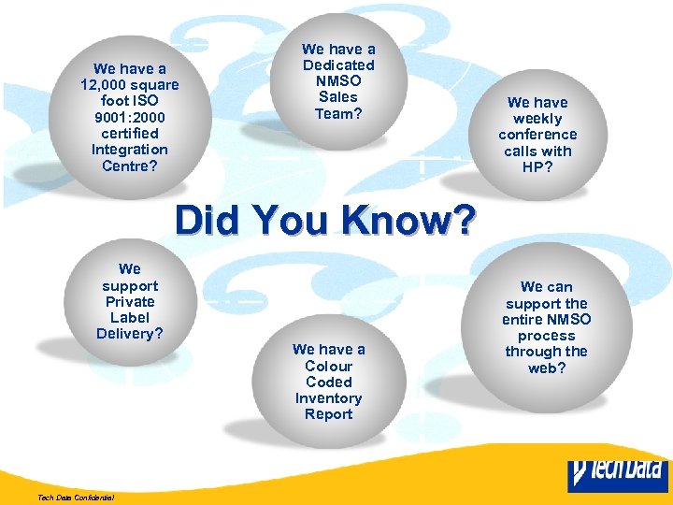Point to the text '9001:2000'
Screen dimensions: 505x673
pos(130,118)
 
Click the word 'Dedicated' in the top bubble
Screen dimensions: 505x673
pos(338,65)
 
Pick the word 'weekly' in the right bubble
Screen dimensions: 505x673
pos(537,119)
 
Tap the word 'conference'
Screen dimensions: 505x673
pos(537,135)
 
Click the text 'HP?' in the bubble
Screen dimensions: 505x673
pos(537,166)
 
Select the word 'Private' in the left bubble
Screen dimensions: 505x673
pos(130,302)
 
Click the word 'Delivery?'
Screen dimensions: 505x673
pos(130,334)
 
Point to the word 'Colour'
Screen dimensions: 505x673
pos(329,366)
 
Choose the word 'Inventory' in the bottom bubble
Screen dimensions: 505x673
pos(329,398)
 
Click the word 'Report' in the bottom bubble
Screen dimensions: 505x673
pos(329,414)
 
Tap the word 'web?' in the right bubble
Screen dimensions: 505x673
pos(547,368)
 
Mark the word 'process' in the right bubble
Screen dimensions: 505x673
pos(547,336)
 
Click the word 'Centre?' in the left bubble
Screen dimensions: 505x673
pos(130,166)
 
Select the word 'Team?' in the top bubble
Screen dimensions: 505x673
pos(338,113)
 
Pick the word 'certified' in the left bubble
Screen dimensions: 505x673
pos(130,134)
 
